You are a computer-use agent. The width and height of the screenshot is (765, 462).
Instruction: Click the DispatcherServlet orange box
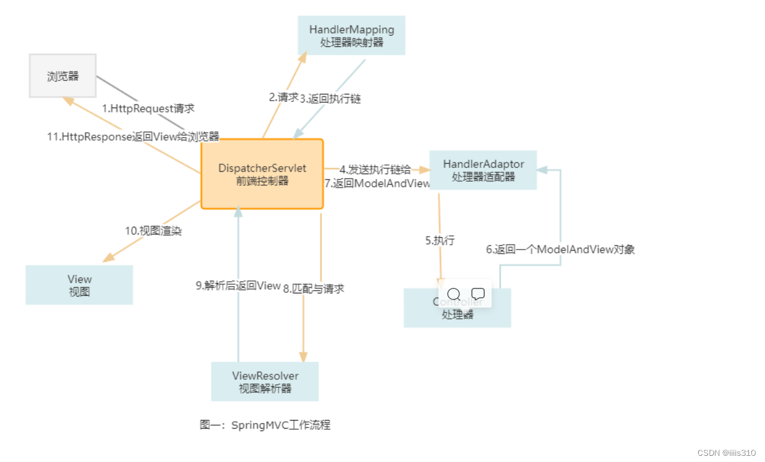(x=262, y=174)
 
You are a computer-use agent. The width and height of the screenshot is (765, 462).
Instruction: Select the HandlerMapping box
(x=351, y=36)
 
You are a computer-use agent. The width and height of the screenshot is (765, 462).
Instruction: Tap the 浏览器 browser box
(x=63, y=76)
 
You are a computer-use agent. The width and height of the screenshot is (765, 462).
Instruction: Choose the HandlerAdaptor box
(x=483, y=170)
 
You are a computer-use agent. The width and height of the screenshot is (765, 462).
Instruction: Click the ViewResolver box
(x=265, y=382)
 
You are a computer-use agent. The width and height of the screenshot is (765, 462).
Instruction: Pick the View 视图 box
(x=79, y=285)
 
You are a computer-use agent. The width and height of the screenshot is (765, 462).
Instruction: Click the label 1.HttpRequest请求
(x=148, y=108)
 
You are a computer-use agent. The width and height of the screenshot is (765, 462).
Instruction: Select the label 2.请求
(x=283, y=97)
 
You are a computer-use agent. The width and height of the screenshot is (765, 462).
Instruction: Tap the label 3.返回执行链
(x=330, y=98)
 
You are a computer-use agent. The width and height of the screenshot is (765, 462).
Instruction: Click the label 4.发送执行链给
(x=375, y=169)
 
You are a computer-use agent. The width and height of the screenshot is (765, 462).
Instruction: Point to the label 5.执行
(x=440, y=241)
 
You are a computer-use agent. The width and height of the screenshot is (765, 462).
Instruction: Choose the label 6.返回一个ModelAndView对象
(x=560, y=250)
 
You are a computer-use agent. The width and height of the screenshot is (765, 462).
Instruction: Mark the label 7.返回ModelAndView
(x=377, y=183)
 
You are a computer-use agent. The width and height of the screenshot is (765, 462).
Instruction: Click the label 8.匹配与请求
(x=314, y=288)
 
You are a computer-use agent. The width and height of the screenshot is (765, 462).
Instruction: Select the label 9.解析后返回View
(x=238, y=285)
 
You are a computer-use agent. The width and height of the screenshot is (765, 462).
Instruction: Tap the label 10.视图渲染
(x=153, y=230)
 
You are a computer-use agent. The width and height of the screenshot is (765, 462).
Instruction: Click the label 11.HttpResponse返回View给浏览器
(x=133, y=136)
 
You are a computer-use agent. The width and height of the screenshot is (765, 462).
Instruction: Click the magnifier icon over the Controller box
(x=453, y=294)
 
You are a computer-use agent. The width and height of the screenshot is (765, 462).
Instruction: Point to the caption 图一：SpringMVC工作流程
(x=265, y=425)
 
